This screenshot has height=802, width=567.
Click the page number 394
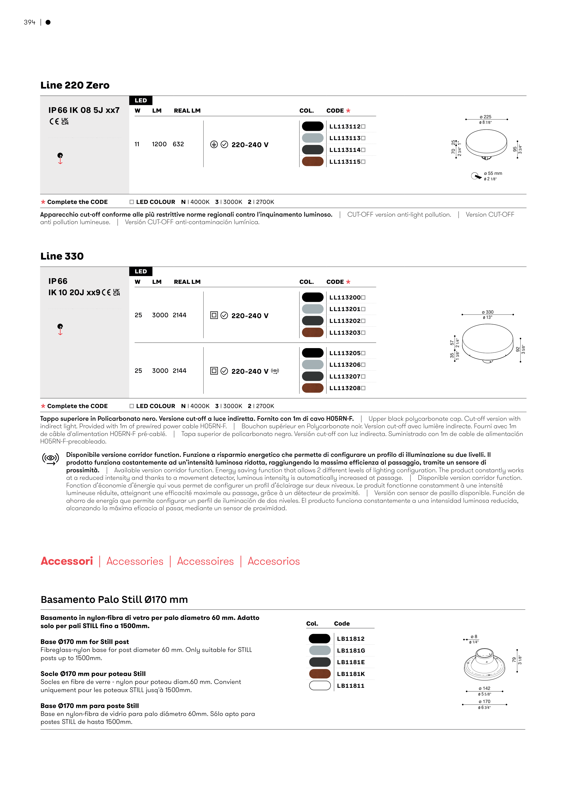click(x=30, y=22)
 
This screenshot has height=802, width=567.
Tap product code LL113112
click(x=345, y=126)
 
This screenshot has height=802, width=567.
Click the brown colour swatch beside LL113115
click(x=313, y=162)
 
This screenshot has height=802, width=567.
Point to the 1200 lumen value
click(x=159, y=144)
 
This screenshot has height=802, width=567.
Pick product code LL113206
click(x=345, y=365)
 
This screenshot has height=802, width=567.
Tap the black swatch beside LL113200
click(x=313, y=297)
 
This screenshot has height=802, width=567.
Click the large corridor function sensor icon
click(x=51, y=459)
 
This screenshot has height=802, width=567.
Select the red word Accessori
click(x=67, y=561)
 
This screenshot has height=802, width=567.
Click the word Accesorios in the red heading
click(x=274, y=561)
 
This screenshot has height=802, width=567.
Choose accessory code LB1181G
click(x=351, y=650)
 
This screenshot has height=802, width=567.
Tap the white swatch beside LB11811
click(x=320, y=686)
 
